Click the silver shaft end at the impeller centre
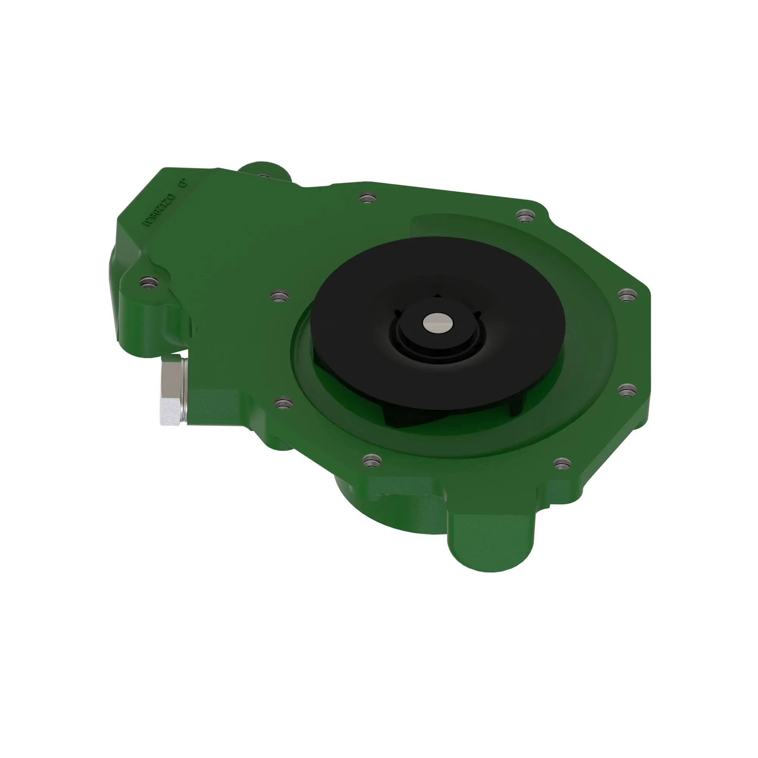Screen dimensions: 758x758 click(438, 322)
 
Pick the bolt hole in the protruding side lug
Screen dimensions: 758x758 click(147, 283)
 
